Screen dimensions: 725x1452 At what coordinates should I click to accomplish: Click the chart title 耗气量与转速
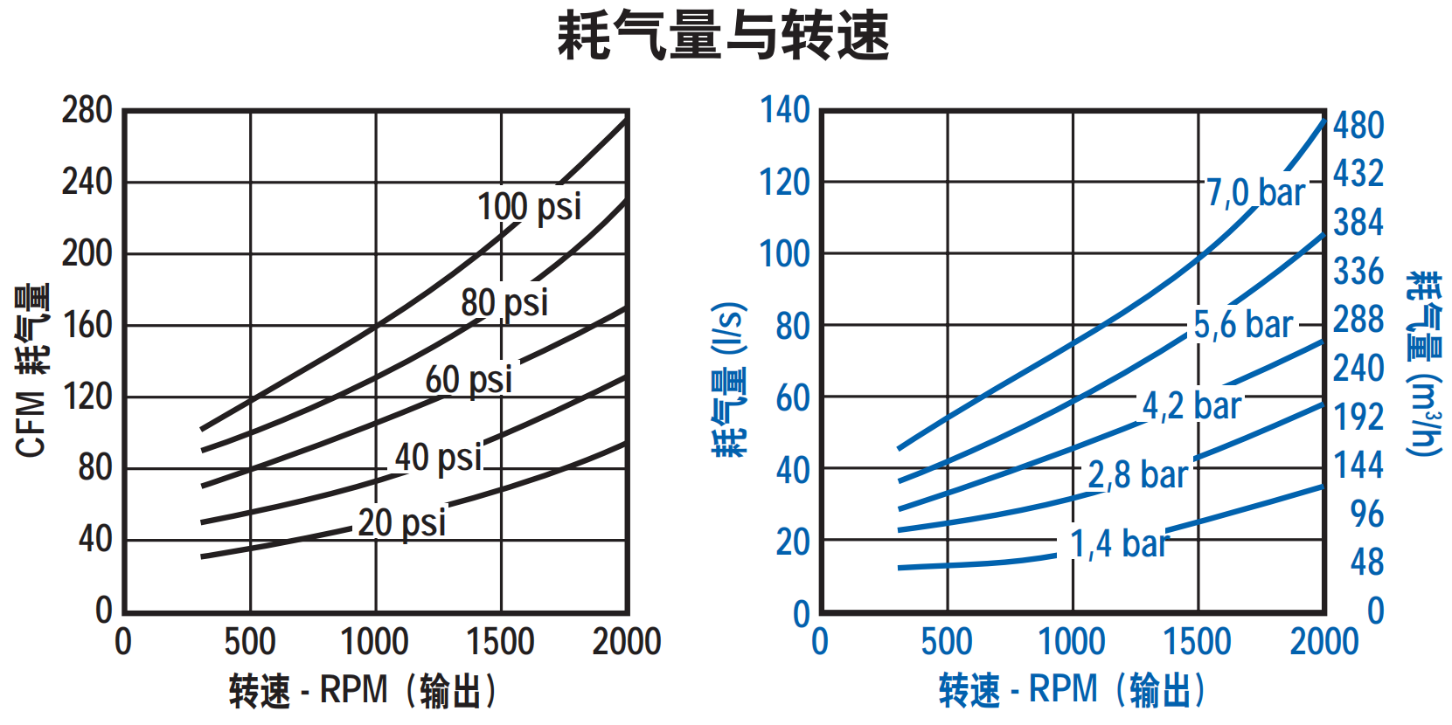coord(723,37)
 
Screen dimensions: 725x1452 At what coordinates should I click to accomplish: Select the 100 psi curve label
coord(529,207)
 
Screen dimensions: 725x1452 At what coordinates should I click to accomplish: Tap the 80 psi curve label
coord(504,303)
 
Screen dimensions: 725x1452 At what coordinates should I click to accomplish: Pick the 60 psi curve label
coord(469,380)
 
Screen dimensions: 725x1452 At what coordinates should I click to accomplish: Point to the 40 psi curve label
coord(438,457)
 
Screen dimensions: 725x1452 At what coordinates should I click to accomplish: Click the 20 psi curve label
coord(401,522)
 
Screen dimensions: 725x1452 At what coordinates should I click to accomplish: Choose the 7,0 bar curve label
coord(1255,192)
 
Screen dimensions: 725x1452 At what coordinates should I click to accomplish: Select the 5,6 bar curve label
coord(1243,325)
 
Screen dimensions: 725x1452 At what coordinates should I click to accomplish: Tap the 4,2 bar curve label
coord(1191,405)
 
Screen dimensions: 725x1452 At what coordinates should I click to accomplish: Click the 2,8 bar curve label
coord(1137,475)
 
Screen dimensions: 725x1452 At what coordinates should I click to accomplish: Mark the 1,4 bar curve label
coord(1119,543)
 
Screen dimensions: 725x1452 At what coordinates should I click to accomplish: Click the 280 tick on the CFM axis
coord(87,111)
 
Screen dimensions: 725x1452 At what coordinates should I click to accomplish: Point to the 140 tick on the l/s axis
coord(784,111)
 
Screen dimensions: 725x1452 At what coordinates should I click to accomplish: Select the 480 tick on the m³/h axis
coord(1358,126)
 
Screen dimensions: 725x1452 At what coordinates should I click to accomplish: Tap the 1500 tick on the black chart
coord(500,642)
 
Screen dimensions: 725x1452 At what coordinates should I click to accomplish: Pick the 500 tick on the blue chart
coord(947,642)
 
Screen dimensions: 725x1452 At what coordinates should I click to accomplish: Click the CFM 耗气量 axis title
coord(33,369)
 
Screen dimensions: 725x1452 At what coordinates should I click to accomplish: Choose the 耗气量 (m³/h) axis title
coord(1424,362)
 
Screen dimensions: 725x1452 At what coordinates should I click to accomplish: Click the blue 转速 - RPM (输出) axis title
coord(1072,690)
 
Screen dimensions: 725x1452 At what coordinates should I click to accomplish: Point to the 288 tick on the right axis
coord(1358,320)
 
